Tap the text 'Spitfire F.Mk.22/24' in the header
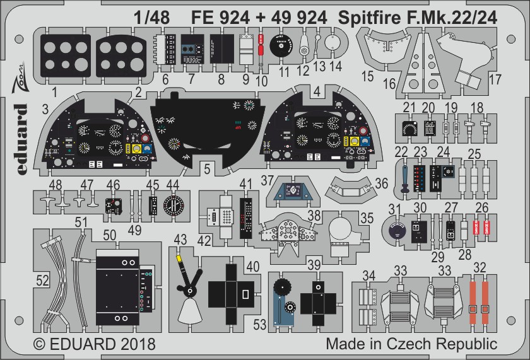pos(416,18)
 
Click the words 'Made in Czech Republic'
pos(411,345)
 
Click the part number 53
pos(260,325)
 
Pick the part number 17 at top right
pos(495,81)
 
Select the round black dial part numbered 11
pos(281,45)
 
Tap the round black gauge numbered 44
pos(172,205)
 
